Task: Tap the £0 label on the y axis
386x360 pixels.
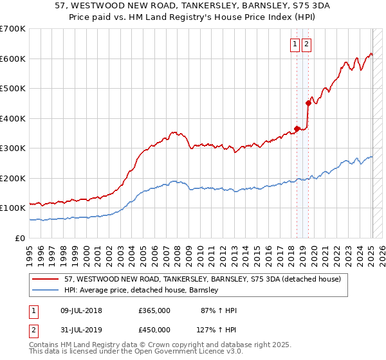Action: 21,238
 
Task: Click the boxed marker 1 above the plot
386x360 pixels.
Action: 295,44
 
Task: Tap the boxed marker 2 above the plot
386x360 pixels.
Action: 306,44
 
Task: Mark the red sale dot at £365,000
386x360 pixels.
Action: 297,129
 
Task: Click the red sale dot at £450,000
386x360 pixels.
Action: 308,103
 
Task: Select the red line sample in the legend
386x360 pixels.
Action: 46,280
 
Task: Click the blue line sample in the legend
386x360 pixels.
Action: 46,290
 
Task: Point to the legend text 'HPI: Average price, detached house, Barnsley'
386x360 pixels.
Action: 142,290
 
